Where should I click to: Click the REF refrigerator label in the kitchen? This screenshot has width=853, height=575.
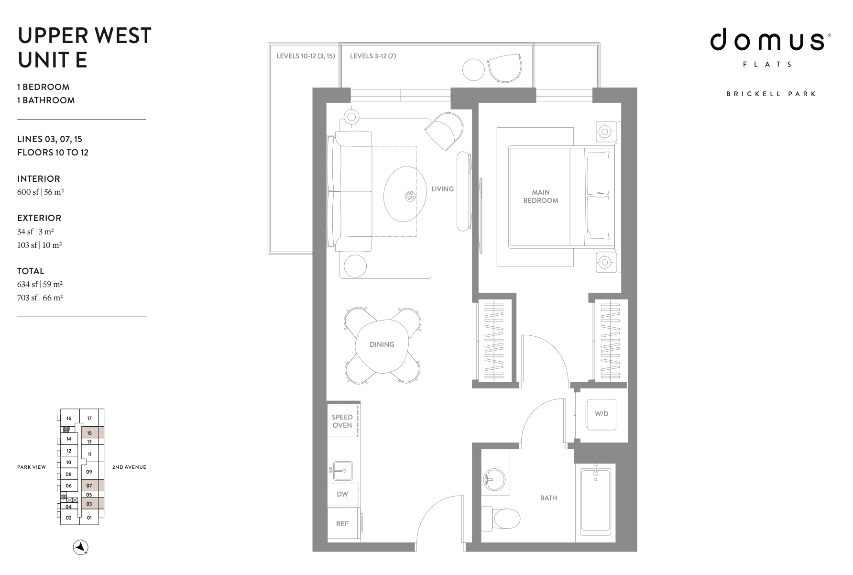(x=342, y=524)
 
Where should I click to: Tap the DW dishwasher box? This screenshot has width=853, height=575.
(x=342, y=495)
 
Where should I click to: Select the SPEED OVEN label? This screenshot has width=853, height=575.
(x=342, y=421)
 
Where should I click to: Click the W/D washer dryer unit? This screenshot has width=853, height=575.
(x=601, y=414)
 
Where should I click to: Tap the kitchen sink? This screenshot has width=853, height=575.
(x=341, y=470)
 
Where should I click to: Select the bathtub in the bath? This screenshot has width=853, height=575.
(x=595, y=501)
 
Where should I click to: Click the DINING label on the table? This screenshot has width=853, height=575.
(x=382, y=344)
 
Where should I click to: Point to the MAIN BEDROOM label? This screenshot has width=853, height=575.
(x=541, y=197)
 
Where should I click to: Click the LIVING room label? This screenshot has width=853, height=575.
(x=442, y=189)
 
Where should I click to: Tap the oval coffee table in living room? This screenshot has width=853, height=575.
(x=405, y=194)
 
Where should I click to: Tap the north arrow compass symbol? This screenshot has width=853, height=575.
(x=81, y=547)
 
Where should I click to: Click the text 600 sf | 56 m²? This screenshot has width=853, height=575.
(x=41, y=192)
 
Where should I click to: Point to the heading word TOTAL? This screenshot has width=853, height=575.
(x=31, y=271)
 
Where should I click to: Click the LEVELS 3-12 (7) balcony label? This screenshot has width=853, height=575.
(x=373, y=56)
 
